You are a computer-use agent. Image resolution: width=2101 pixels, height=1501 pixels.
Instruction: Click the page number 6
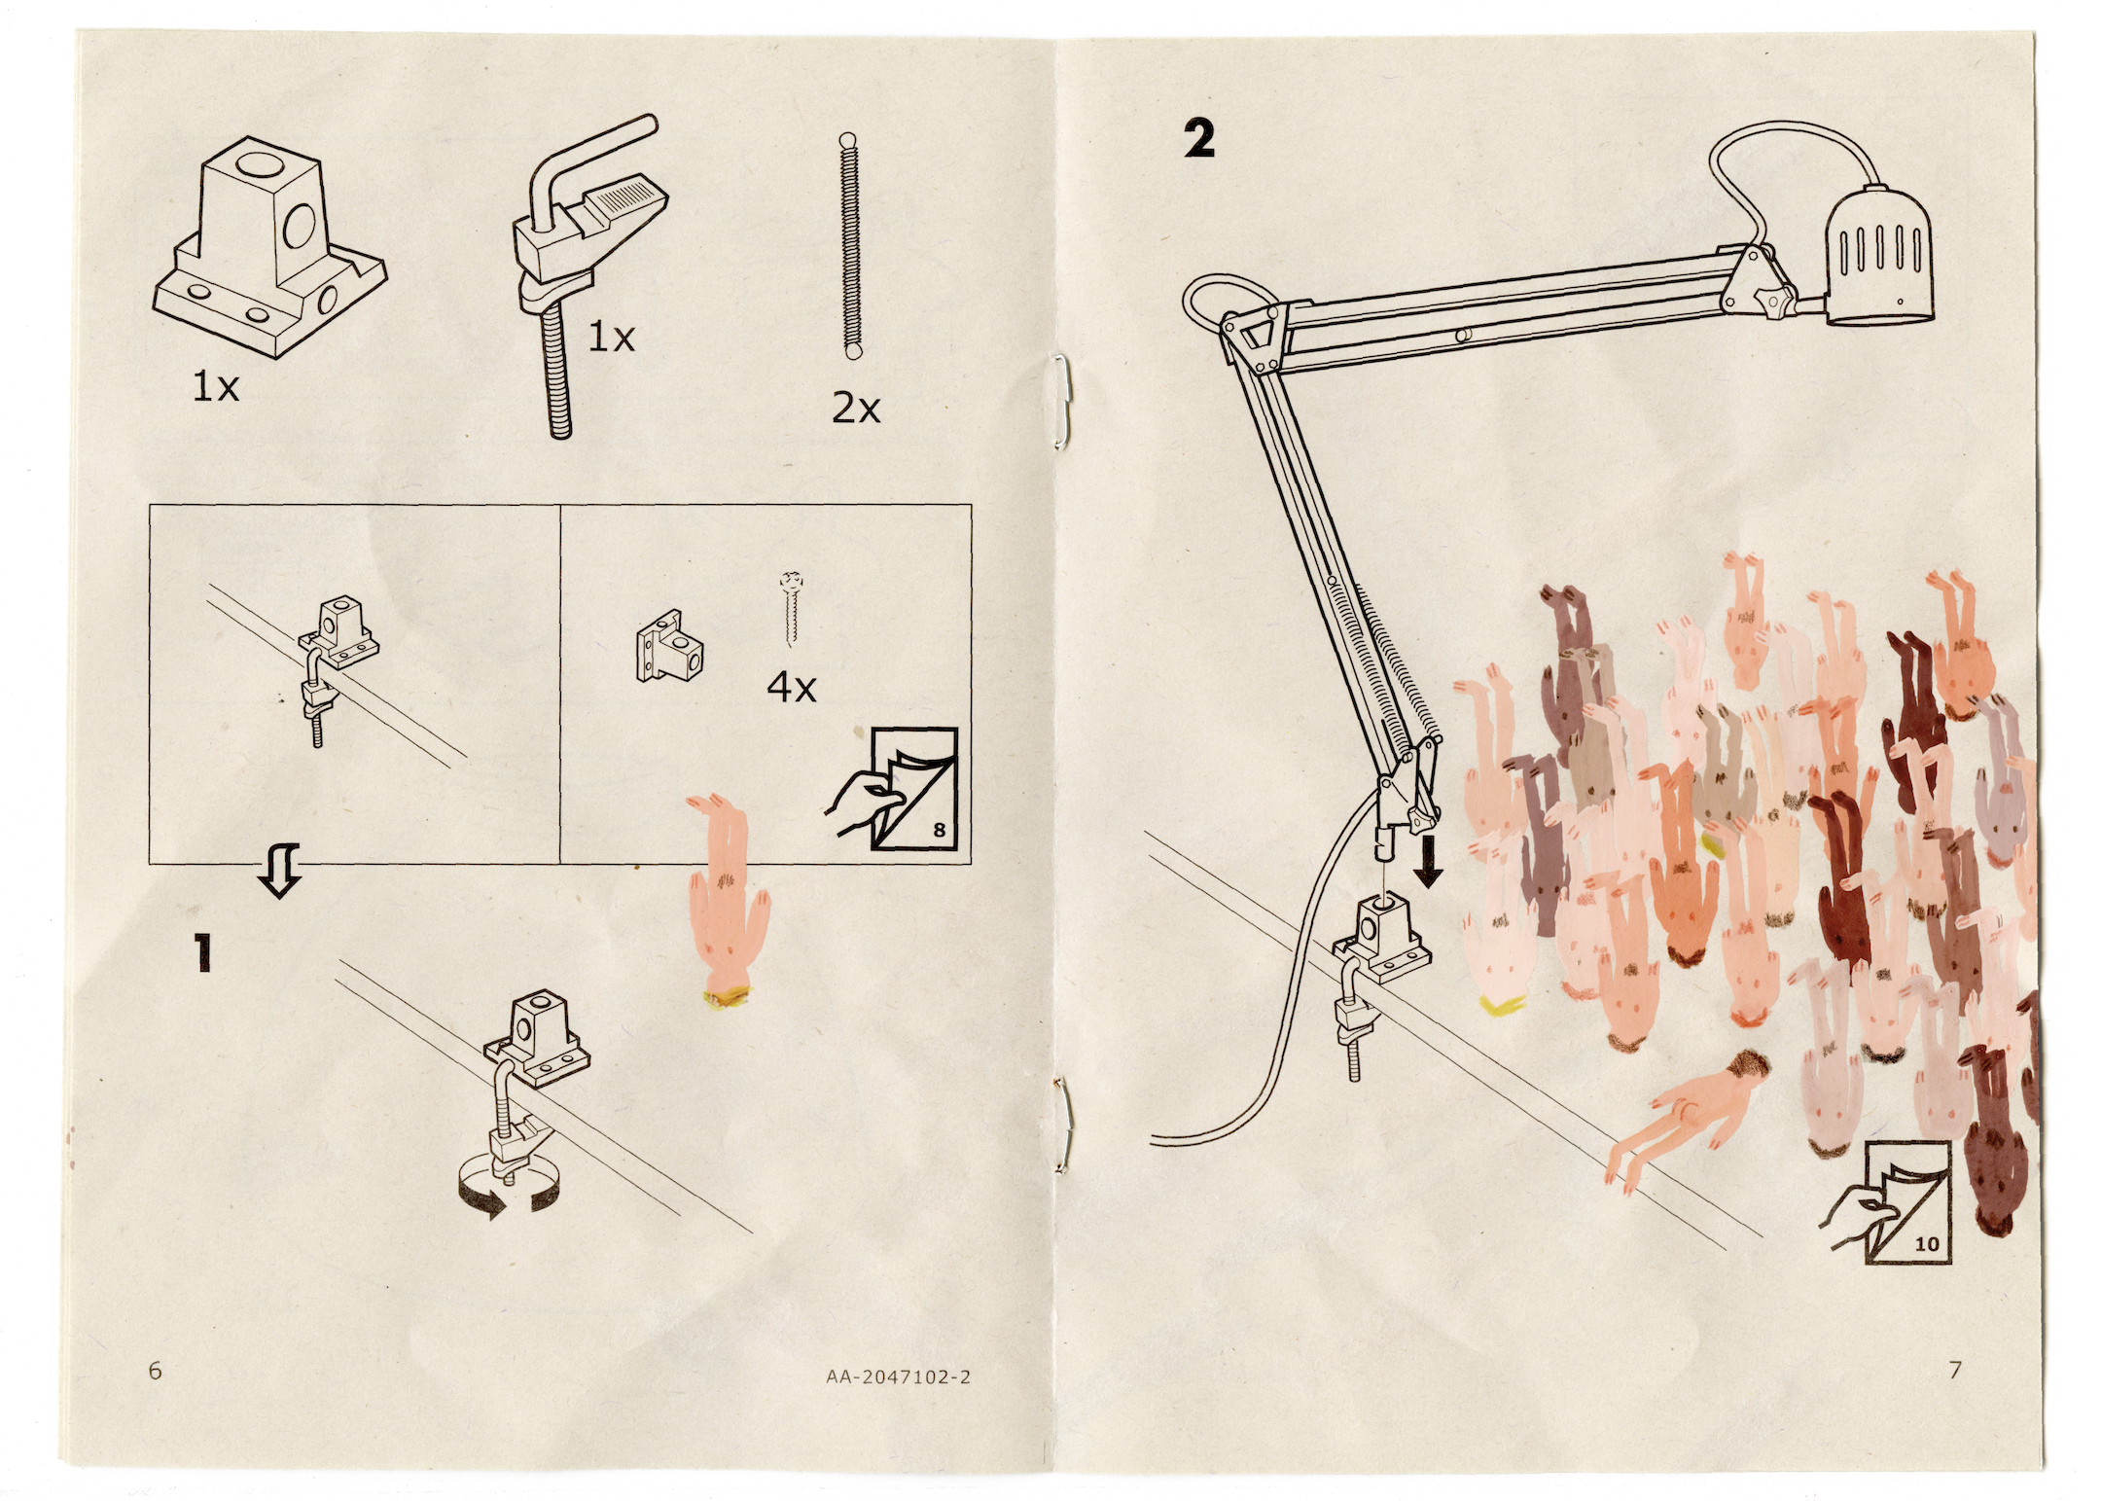pos(156,1370)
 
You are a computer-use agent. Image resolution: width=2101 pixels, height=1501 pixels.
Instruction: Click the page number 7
pos(1955,1370)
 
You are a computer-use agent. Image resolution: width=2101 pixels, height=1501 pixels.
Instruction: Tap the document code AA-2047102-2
pos(898,1376)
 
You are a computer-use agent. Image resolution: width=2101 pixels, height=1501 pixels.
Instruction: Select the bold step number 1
pos(202,952)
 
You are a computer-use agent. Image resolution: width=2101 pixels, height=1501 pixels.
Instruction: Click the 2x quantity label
pos(856,409)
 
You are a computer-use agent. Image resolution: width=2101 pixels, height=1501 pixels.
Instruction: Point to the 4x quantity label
pos(792,688)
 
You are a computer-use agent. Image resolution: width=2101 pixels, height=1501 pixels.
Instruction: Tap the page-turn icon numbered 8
pos(892,789)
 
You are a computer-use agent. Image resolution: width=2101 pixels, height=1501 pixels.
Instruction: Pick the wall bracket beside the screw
pos(669,644)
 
